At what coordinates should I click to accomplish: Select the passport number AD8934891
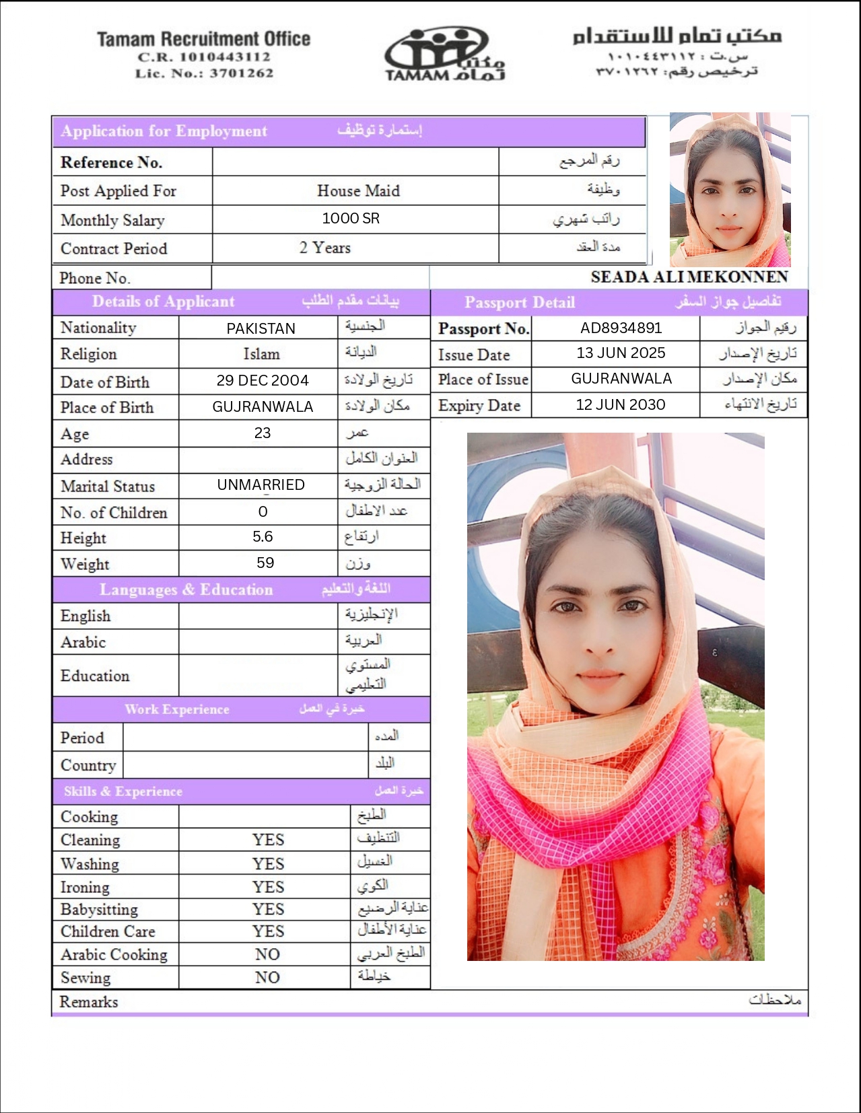[621, 328]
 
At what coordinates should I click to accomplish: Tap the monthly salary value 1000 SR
[351, 219]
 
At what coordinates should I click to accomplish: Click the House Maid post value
[358, 191]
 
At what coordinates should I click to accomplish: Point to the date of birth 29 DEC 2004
[263, 381]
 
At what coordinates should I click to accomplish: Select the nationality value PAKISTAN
[261, 328]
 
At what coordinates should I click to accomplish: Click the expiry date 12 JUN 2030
[620, 404]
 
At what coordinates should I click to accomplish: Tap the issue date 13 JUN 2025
[620, 353]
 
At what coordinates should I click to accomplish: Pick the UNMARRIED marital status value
[261, 485]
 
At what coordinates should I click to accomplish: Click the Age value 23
[263, 433]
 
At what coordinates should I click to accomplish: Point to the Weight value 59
[265, 563]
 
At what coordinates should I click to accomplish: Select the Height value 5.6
[263, 537]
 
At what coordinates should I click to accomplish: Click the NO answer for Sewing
[267, 978]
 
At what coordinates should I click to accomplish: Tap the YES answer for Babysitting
[268, 909]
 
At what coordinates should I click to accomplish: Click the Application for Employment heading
[164, 131]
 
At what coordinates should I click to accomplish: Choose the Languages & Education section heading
[186, 589]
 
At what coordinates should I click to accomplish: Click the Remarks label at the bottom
[88, 1002]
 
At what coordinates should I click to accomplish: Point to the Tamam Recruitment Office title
[203, 39]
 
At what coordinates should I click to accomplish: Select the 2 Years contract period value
[325, 248]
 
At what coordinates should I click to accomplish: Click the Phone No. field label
[95, 278]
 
